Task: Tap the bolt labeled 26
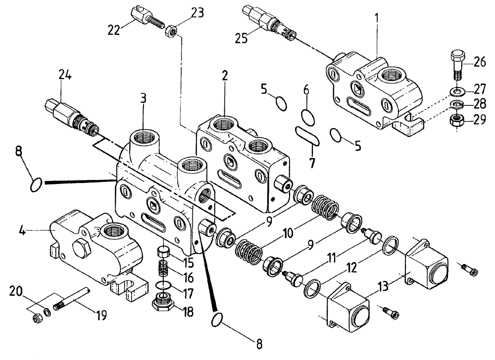click(456, 64)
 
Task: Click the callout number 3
click(144, 98)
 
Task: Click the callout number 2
click(225, 76)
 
